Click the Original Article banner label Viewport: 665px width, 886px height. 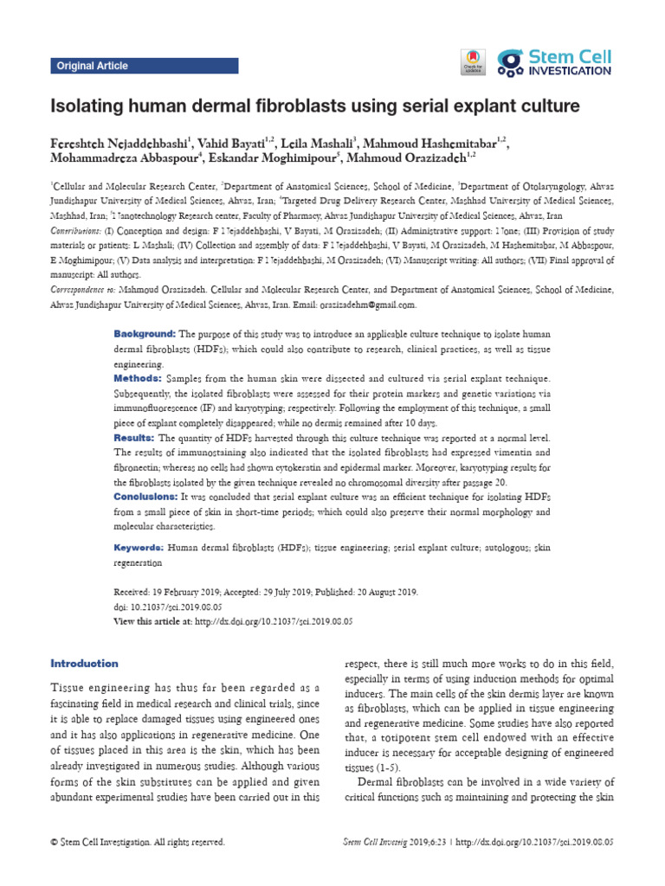[93, 66]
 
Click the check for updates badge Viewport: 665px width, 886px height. [472, 61]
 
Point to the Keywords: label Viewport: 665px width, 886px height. [139, 549]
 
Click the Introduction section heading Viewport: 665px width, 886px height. [84, 664]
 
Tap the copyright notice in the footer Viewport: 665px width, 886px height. [138, 841]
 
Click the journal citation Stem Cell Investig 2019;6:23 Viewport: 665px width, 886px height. [395, 841]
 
